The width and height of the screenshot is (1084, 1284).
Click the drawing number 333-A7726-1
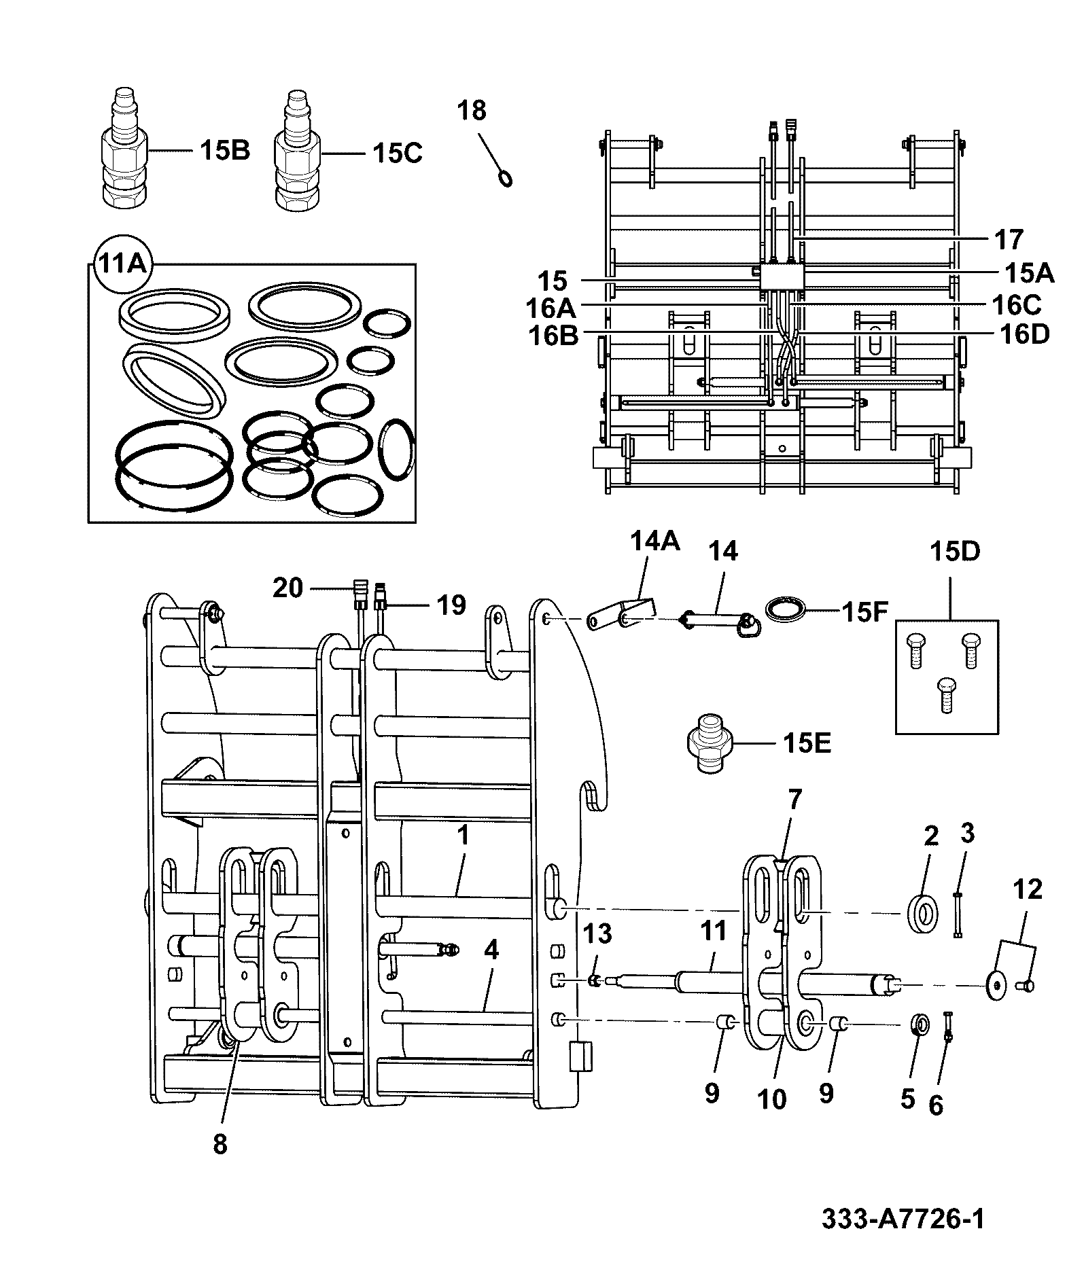[903, 1219]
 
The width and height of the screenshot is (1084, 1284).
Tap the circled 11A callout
[122, 264]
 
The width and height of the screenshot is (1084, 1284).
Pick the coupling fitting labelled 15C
[297, 149]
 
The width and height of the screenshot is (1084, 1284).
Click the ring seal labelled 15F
[786, 607]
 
